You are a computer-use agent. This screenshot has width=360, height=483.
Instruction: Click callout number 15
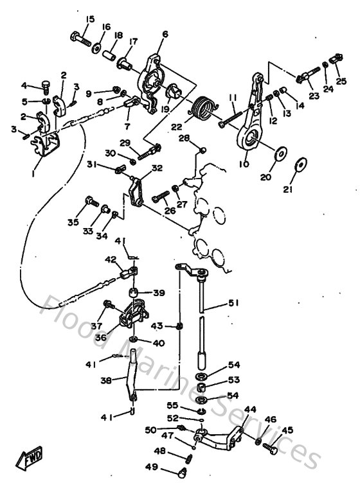[x=89, y=19]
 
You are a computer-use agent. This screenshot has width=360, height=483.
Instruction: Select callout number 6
[x=165, y=34]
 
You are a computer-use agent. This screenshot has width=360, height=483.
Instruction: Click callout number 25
[x=341, y=81]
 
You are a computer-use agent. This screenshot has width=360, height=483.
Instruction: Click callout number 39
[x=158, y=293]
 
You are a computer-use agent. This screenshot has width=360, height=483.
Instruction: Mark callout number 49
[x=152, y=466]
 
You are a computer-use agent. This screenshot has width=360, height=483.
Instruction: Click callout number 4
[x=25, y=85]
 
